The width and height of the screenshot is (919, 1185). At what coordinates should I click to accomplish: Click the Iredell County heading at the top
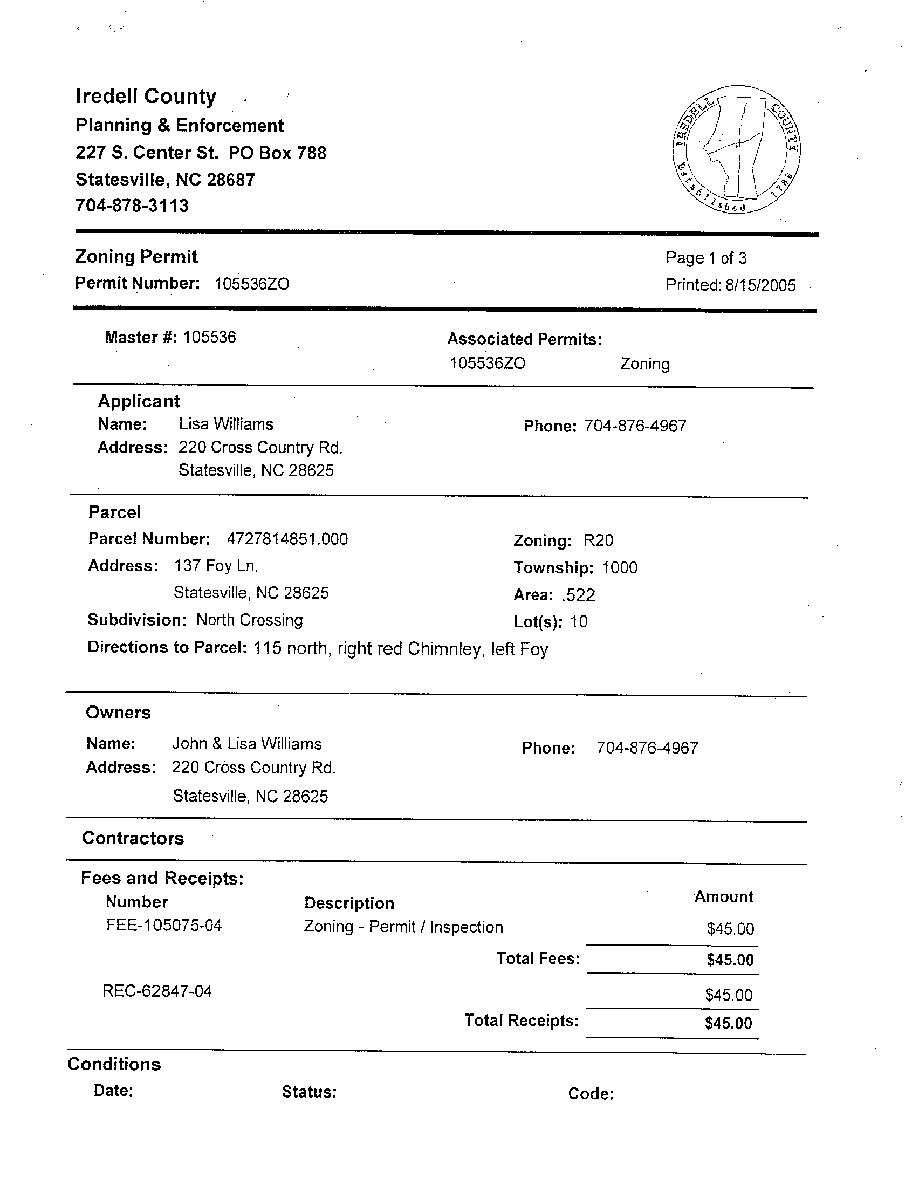coord(146,97)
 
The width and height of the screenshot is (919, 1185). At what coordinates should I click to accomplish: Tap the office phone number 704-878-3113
coord(132,206)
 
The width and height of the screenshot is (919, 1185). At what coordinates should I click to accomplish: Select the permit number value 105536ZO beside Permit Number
coord(252,284)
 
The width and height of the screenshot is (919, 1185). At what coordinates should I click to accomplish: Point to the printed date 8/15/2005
coord(760,285)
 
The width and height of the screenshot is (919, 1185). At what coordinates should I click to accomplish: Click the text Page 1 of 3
coord(706,258)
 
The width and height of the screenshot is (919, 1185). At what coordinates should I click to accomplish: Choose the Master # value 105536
coord(209,338)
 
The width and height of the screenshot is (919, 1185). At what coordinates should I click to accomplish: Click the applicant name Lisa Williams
coord(225,424)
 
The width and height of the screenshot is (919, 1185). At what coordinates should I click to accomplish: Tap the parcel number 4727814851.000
coord(287,539)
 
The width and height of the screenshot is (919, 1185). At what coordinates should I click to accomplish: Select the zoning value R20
coord(598,540)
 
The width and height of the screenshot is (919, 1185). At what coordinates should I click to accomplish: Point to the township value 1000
coord(620,568)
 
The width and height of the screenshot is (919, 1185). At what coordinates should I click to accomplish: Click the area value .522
coord(578,595)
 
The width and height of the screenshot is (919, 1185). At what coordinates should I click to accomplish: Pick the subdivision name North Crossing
coord(250,620)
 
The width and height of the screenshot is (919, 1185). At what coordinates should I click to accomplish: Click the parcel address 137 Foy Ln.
coord(215,566)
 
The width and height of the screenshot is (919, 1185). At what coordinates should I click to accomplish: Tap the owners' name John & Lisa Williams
coord(247,744)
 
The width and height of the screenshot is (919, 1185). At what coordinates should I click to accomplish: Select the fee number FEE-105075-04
coord(164,925)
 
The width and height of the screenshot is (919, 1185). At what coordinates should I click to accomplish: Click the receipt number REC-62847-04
coord(157,991)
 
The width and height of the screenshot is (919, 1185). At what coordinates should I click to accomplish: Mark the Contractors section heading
coord(133,838)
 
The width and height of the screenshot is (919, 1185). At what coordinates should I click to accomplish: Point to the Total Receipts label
coord(522,1020)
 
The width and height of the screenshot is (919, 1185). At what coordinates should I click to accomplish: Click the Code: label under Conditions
coord(591,1093)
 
